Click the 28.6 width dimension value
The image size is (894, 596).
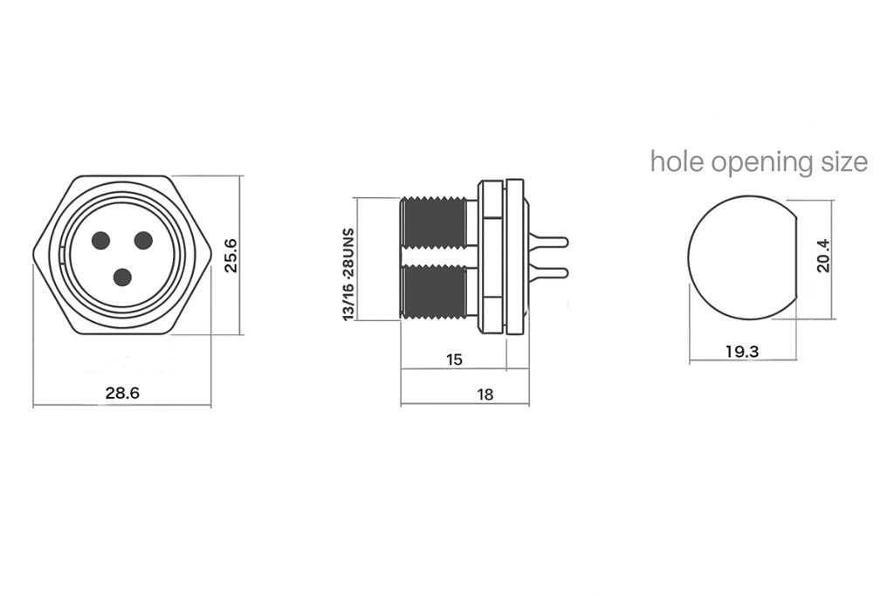[x=122, y=393]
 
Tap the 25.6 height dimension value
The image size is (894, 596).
[x=230, y=256]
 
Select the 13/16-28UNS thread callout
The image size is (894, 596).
[x=349, y=275]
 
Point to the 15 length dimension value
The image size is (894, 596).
[x=454, y=360]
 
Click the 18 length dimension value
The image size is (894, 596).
[x=485, y=394]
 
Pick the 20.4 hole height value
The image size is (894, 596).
[x=822, y=256]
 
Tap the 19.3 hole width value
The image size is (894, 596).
[x=742, y=352]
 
